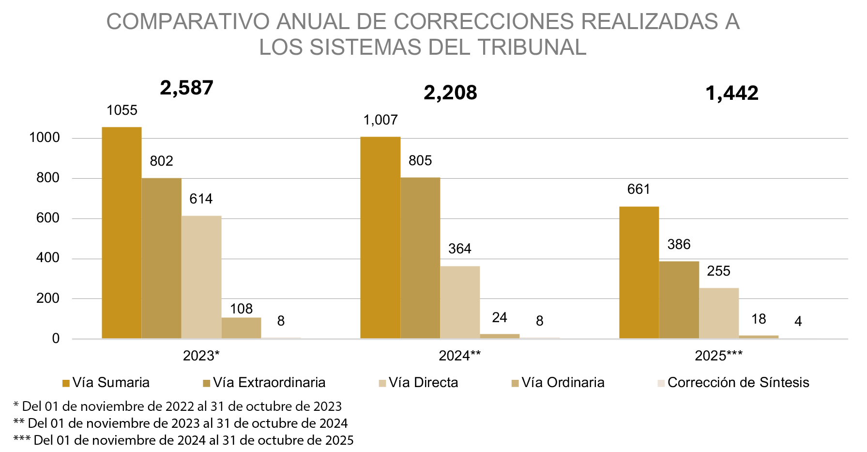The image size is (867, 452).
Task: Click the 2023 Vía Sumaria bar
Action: coord(122,233)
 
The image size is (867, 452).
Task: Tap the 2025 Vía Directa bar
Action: coord(719,313)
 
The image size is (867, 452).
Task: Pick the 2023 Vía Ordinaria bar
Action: coord(241,328)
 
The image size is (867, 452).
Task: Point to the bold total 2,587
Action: coord(186,88)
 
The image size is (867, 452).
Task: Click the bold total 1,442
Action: coord(732,93)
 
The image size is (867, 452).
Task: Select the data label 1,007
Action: coord(380,120)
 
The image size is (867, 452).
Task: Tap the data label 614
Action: coord(201,199)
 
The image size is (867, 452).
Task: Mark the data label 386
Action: coord(679,244)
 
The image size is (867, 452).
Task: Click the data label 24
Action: coord(500,317)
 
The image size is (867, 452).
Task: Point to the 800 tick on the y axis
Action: coord(47,178)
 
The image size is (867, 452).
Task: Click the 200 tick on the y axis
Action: coord(47,298)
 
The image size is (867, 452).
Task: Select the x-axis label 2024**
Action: coord(459,356)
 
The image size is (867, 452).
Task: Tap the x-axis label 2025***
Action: coord(718,356)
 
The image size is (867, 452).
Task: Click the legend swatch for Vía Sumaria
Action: coord(66,384)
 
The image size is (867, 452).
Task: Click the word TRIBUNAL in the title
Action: coord(532,47)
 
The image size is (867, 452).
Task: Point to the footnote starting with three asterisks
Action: coord(183,440)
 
